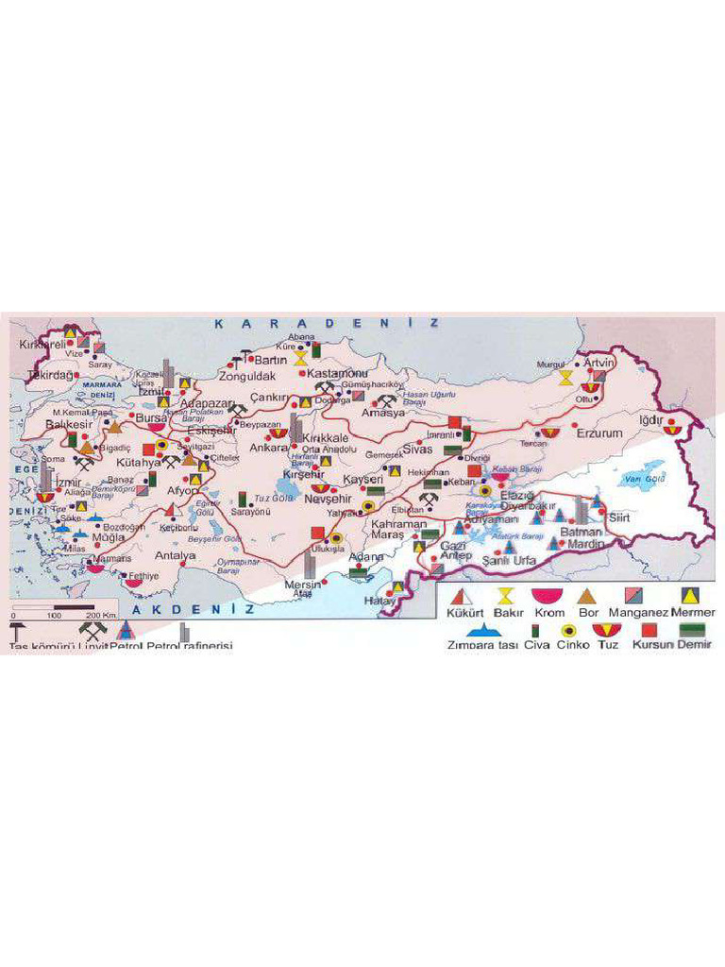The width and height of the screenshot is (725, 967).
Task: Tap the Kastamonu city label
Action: [331, 374]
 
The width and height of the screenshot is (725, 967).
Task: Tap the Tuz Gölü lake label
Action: [275, 497]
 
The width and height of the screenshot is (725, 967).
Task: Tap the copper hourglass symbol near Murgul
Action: [565, 377]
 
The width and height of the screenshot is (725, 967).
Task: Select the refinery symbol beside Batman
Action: [581, 511]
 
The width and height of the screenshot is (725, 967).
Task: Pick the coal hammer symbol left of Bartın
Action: [237, 362]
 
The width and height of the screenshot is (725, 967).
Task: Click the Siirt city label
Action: [618, 517]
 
